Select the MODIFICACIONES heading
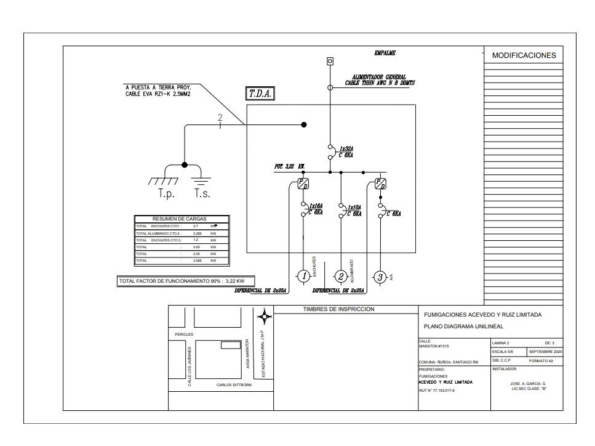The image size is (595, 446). [524, 55]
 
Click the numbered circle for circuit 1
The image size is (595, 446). [304, 277]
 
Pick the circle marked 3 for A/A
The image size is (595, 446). [380, 277]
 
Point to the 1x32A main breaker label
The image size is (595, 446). [345, 149]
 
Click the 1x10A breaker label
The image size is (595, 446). [354, 208]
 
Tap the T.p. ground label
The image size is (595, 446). [166, 193]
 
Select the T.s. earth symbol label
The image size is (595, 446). [202, 193]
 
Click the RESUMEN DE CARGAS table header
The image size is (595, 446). [180, 219]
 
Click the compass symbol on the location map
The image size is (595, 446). [265, 318]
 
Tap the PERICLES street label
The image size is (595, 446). [184, 334]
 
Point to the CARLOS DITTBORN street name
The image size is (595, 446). [234, 385]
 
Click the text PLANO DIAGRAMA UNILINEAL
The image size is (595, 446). [455, 326]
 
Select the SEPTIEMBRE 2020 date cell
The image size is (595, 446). [545, 351]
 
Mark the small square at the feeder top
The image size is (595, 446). [330, 61]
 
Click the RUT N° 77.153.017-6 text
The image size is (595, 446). [437, 390]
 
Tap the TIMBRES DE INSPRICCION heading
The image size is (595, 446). [338, 309]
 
